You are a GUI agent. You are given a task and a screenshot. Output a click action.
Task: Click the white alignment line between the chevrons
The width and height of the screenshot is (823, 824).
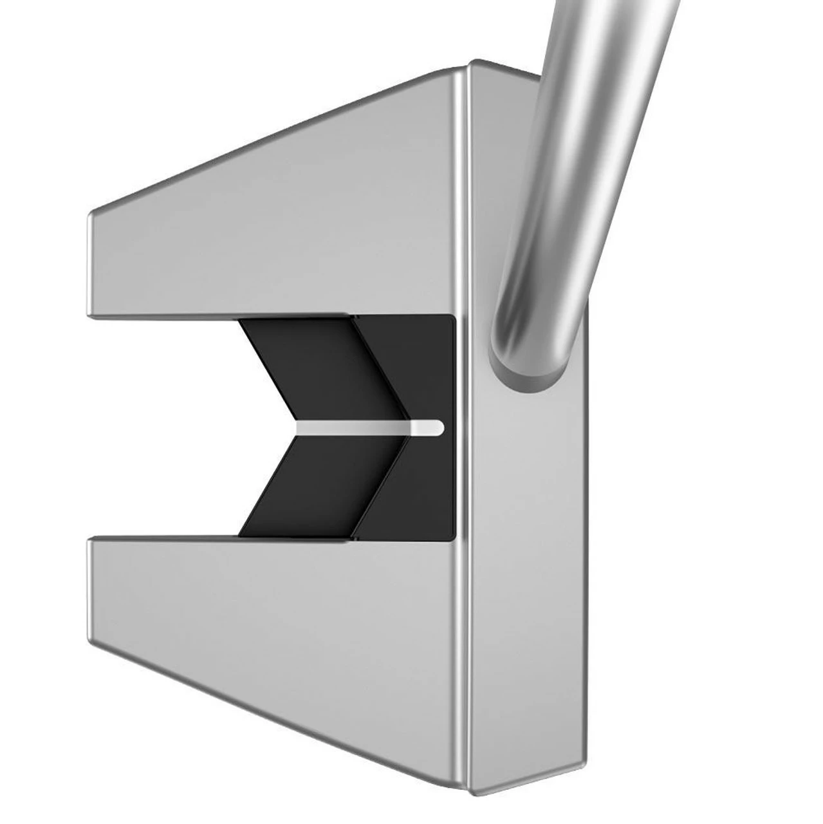[367, 427]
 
